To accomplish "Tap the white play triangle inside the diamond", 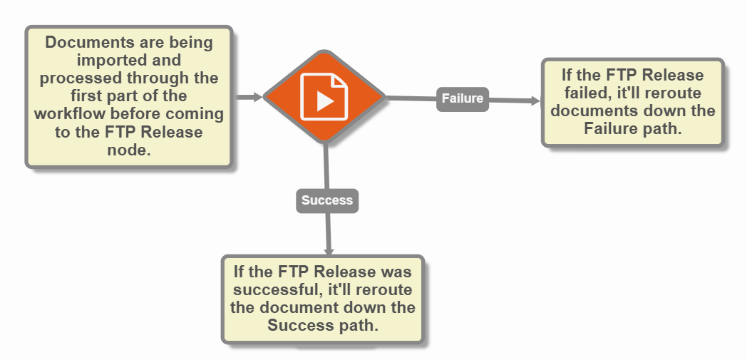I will pyautogui.click(x=325, y=101).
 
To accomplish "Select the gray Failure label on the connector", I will pyautogui.click(x=463, y=98).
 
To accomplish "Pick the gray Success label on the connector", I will pyautogui.click(x=327, y=200).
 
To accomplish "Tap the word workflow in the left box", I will pyautogui.click(x=68, y=114).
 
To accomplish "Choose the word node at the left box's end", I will pyautogui.click(x=129, y=150).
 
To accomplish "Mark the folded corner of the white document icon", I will pyautogui.click(x=341, y=79).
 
